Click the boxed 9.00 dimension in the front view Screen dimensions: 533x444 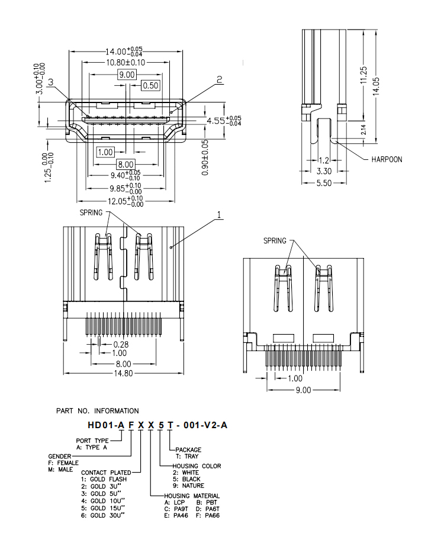pyautogui.click(x=127, y=75)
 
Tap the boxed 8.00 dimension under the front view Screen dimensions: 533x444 pyautogui.click(x=126, y=164)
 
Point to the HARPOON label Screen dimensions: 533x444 pyautogui.click(x=387, y=159)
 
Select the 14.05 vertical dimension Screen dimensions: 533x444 pyautogui.click(x=376, y=85)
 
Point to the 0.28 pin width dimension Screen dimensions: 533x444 pyautogui.click(x=121, y=344)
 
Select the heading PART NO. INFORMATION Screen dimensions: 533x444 pyautogui.click(x=98, y=410)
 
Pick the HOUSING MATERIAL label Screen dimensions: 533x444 pyautogui.click(x=192, y=496)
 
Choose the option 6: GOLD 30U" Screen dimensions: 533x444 pyautogui.click(x=102, y=515)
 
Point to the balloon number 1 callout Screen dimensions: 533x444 pyautogui.click(x=219, y=216)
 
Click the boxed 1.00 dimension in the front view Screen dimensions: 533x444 pyautogui.click(x=105, y=152)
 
